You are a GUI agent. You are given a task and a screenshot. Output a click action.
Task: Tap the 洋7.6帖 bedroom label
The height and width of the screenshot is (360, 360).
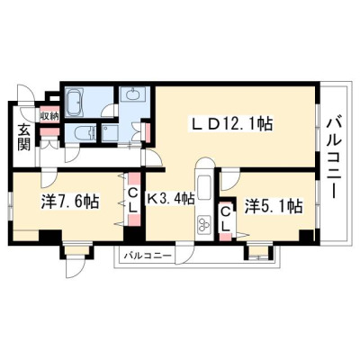70,201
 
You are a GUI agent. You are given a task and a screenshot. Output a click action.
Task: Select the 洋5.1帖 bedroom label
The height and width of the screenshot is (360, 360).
274,206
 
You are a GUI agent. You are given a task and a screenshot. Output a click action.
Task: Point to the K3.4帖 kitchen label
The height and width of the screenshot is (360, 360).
170,199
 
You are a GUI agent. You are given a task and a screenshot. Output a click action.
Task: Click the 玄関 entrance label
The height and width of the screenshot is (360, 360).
24,137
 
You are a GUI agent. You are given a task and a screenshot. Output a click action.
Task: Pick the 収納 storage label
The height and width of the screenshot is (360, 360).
49,115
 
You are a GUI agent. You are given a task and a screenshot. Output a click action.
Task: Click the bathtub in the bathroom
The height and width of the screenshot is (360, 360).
74,103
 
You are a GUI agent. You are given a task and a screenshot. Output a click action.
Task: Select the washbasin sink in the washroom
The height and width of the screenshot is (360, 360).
133,94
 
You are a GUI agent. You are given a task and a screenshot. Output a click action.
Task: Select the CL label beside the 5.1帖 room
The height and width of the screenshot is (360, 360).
226,220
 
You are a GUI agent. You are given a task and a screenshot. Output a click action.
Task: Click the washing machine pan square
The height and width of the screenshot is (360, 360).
110,132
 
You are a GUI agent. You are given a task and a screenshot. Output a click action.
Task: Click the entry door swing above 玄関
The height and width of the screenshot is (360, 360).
26,94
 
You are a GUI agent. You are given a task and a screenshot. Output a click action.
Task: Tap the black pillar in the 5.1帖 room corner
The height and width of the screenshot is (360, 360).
306,236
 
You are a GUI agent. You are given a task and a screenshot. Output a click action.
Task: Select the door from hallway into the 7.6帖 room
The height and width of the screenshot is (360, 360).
49,178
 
